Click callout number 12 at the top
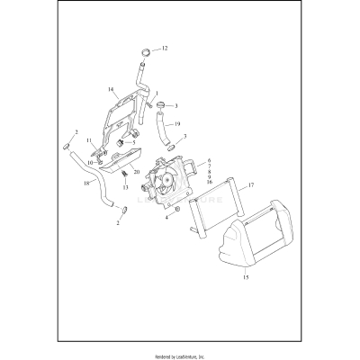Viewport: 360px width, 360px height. (165, 47)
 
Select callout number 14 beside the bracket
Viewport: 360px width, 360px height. (111, 90)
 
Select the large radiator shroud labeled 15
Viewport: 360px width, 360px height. (238, 247)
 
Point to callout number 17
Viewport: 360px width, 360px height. (251, 185)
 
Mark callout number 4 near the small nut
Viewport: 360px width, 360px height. (166, 217)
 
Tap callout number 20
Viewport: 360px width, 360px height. (136, 171)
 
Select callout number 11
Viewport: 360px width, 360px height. (90, 141)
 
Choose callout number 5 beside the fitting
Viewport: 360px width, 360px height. (134, 141)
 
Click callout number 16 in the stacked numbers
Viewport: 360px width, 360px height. (209, 181)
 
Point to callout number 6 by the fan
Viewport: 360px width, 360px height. (209, 159)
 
